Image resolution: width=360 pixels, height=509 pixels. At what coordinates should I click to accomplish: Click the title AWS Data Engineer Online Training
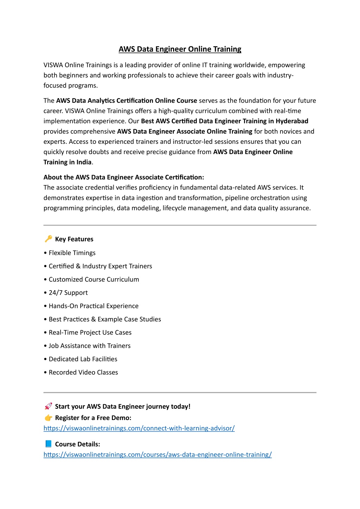pos(180,49)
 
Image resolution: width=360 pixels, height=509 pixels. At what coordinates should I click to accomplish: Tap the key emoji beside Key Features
pos(48,239)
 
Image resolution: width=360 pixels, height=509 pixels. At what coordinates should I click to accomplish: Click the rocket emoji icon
pos(48,406)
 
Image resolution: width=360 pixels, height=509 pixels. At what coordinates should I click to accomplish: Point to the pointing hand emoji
pos(48,418)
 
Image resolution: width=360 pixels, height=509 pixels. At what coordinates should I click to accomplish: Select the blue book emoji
pos(48,444)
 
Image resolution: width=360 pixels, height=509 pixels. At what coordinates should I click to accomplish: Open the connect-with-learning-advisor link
pos(139,428)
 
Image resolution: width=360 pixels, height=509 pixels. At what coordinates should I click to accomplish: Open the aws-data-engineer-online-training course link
pos(158,454)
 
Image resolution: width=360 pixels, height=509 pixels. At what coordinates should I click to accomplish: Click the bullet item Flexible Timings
pos(72,253)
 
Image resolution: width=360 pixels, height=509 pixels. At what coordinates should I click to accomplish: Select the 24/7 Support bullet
pos(68,293)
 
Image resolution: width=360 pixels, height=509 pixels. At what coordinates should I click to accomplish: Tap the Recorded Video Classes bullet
pos(83,372)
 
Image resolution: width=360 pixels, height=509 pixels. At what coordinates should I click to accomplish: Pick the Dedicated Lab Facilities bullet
pos(83,359)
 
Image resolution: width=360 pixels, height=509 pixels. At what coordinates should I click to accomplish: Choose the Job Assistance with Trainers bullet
pos(90,346)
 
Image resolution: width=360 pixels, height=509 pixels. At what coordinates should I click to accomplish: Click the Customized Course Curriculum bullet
pos(94,279)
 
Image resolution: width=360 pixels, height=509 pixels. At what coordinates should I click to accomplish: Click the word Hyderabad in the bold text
pos(292,121)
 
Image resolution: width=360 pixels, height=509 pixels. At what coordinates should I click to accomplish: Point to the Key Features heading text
pos(74,239)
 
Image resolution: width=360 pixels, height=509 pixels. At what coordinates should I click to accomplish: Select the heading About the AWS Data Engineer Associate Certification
pos(124,177)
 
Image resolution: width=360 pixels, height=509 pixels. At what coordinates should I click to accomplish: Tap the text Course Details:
pos(77,444)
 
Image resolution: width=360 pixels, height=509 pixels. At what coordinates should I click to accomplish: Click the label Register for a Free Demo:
pos(93,418)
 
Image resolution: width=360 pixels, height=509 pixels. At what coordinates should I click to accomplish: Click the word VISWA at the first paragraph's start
pos(53,65)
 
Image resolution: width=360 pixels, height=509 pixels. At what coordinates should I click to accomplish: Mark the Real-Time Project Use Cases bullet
pos(90,332)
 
